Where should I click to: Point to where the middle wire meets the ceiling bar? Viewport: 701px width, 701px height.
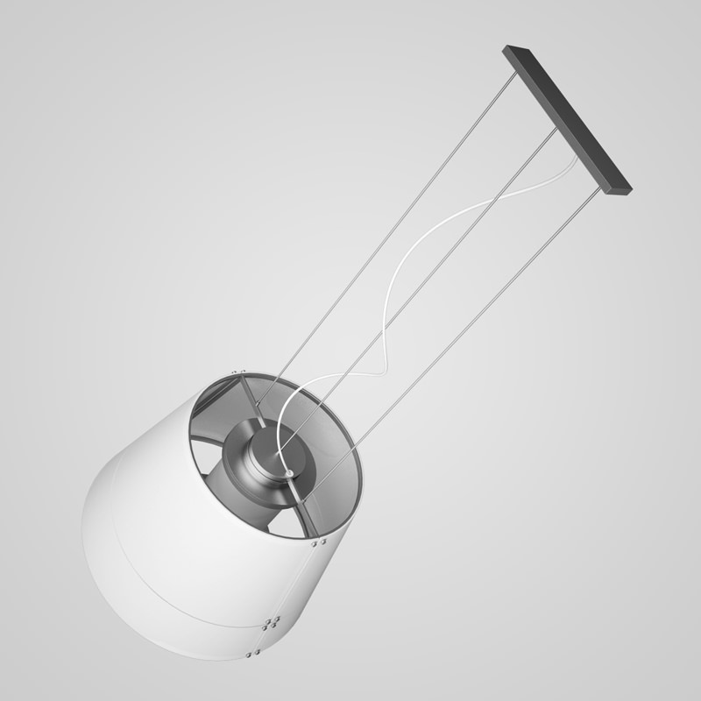click(x=555, y=131)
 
